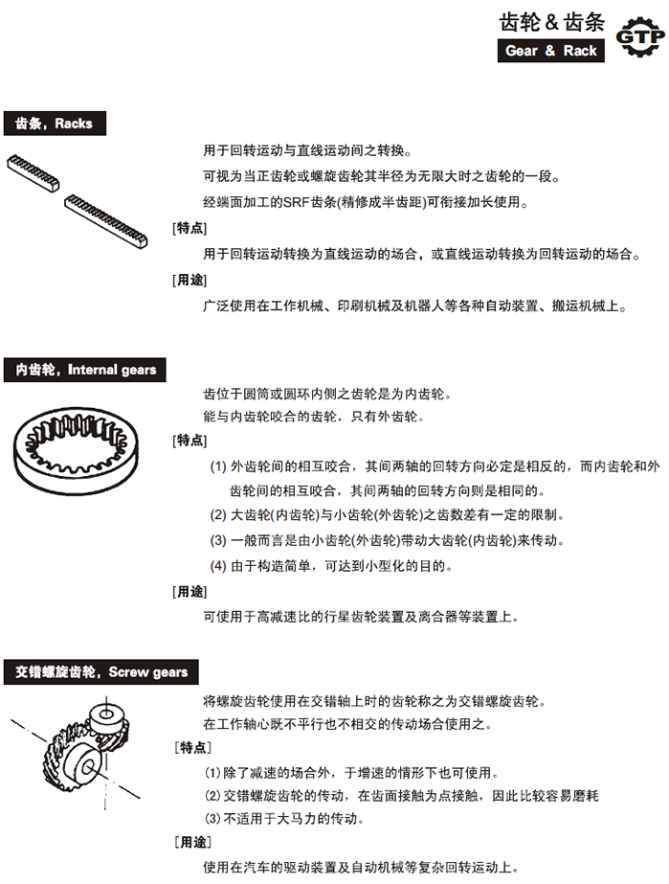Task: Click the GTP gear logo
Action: click(638, 37)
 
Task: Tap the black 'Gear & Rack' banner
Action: click(550, 51)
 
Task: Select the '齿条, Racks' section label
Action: click(54, 124)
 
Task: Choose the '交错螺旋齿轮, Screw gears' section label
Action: click(101, 671)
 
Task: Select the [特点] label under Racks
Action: click(189, 228)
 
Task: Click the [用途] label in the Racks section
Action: click(189, 281)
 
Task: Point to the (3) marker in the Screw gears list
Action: click(212, 818)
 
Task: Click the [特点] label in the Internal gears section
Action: click(189, 441)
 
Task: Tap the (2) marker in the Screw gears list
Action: click(212, 795)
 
